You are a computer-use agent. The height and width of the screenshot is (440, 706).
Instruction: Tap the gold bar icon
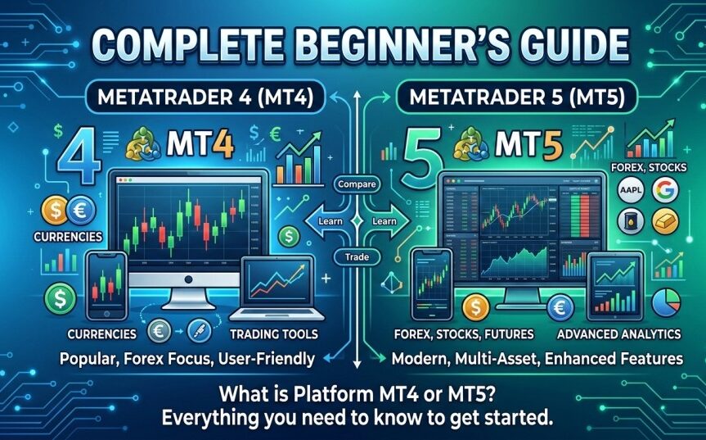tap(664, 220)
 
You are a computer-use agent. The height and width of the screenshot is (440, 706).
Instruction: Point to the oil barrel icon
tap(627, 221)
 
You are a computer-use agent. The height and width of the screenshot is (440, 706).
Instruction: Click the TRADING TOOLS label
tap(273, 334)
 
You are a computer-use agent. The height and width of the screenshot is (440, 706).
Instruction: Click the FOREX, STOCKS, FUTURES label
tap(462, 334)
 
